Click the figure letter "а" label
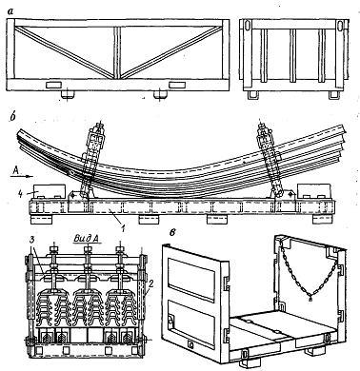[11, 11]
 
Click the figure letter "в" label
[173, 232]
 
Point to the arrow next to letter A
[26, 175]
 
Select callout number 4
[20, 194]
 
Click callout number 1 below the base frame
[123, 227]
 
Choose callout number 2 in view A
[151, 283]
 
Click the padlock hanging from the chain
[310, 298]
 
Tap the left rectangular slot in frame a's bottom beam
[54, 85]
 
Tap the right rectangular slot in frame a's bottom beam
[177, 85]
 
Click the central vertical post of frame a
[118, 52]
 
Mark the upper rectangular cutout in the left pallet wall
[191, 280]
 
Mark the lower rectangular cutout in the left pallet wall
[191, 323]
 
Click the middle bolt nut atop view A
[88, 249]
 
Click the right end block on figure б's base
[314, 191]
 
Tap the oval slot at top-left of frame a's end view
[247, 25]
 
